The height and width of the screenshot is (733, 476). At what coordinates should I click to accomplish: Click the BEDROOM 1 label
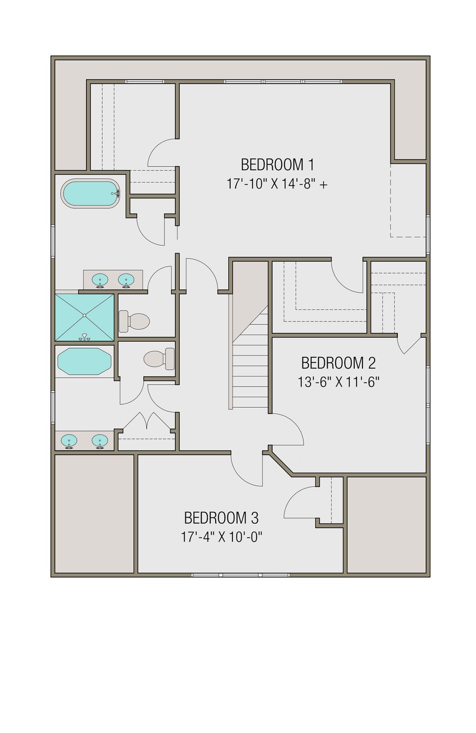pyautogui.click(x=277, y=164)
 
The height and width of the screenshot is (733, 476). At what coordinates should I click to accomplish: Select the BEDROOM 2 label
pyautogui.click(x=338, y=363)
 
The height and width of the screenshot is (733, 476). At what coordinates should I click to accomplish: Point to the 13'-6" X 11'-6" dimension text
pyautogui.click(x=338, y=382)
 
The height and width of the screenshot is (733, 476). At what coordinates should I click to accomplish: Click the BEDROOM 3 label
pyautogui.click(x=221, y=517)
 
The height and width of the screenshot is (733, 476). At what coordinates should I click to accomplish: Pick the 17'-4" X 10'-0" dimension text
pyautogui.click(x=222, y=537)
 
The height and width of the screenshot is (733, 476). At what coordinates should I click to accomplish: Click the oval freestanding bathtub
pyautogui.click(x=91, y=194)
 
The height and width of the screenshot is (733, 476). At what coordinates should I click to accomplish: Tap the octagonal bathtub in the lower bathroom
pyautogui.click(x=84, y=361)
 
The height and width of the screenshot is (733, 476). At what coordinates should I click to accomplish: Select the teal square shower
pyautogui.click(x=84, y=317)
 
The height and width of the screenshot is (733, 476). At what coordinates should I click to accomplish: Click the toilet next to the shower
pyautogui.click(x=134, y=321)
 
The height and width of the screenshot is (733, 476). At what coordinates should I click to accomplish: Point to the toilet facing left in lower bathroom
pyautogui.click(x=159, y=359)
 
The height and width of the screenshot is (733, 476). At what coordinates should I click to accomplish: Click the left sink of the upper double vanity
pyautogui.click(x=100, y=280)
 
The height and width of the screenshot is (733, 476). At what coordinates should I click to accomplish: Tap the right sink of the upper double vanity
pyautogui.click(x=126, y=280)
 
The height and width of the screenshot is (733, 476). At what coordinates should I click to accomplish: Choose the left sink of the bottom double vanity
pyautogui.click(x=69, y=440)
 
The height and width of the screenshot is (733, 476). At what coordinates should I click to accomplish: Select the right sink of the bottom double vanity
pyautogui.click(x=99, y=440)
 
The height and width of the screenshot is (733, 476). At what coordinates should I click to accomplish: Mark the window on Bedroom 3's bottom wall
pyautogui.click(x=240, y=575)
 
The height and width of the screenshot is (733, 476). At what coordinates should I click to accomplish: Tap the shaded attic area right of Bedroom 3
pyautogui.click(x=386, y=525)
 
